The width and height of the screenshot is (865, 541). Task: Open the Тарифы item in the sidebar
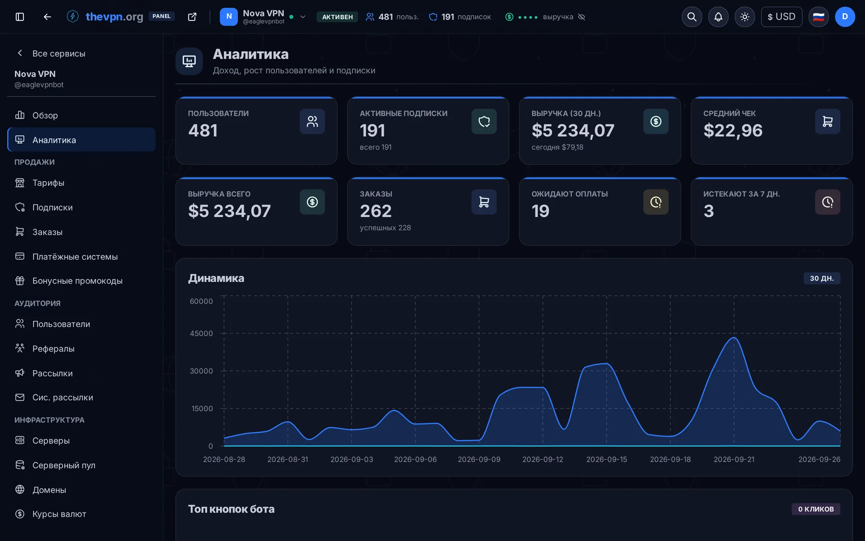pyautogui.click(x=48, y=183)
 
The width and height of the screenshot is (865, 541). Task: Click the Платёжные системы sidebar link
pyautogui.click(x=75, y=257)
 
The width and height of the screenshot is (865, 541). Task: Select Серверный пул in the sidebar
pyautogui.click(x=64, y=465)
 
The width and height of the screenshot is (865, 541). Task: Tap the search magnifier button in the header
pyautogui.click(x=692, y=17)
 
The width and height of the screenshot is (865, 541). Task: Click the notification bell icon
pyautogui.click(x=718, y=17)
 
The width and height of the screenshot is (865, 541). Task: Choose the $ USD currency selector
pyautogui.click(x=781, y=17)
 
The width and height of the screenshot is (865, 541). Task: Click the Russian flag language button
pyautogui.click(x=818, y=17)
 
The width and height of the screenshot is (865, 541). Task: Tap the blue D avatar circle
pyautogui.click(x=845, y=17)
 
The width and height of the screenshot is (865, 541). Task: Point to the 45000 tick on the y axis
pyautogui.click(x=201, y=334)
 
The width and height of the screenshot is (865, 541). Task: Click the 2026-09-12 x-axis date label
pyautogui.click(x=542, y=459)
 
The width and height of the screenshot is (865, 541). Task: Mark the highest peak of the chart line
pyautogui.click(x=734, y=337)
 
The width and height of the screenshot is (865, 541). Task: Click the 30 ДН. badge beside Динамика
pyautogui.click(x=822, y=278)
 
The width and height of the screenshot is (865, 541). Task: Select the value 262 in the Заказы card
pyautogui.click(x=376, y=211)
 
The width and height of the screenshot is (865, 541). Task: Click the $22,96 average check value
pyautogui.click(x=733, y=130)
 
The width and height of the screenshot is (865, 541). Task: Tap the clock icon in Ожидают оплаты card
pyautogui.click(x=656, y=202)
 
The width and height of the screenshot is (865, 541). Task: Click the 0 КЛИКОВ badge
pyautogui.click(x=816, y=509)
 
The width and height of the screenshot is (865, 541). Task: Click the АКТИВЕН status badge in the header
pyautogui.click(x=337, y=17)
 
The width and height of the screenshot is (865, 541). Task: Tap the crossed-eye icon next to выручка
pyautogui.click(x=582, y=17)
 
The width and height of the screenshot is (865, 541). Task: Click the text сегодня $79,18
pyautogui.click(x=557, y=147)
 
